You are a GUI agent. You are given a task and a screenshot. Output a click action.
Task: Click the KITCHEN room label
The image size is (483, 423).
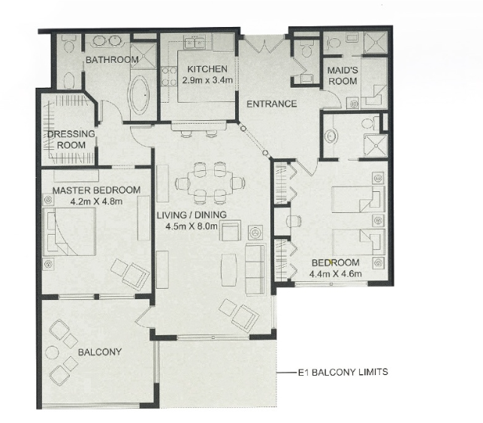tap(207, 69)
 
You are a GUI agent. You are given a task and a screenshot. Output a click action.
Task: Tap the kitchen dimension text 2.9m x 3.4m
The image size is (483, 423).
tap(207, 80)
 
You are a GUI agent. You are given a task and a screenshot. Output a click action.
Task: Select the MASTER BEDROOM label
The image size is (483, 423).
tap(96, 190)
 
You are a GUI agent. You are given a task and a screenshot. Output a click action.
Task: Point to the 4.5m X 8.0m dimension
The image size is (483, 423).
tap(192, 226)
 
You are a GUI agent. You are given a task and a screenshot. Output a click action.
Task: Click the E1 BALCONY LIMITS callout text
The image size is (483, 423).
tap(343, 372)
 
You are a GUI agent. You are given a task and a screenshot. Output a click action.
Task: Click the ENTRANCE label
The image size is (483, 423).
tap(272, 104)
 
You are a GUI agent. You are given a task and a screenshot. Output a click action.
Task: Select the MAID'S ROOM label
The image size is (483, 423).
tap(343, 76)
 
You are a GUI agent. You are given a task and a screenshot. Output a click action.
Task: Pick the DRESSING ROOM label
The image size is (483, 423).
tap(71, 139)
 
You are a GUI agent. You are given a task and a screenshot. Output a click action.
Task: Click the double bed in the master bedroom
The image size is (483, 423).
tap(69, 232)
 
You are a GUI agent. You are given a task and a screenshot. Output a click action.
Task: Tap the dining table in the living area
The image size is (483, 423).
tap(210, 183)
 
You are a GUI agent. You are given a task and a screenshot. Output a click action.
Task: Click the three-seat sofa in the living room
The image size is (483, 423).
tap(255, 270)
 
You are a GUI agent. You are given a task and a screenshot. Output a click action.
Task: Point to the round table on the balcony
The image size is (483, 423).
tap(52, 352)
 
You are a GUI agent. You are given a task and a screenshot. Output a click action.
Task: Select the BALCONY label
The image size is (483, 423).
tap(100, 352)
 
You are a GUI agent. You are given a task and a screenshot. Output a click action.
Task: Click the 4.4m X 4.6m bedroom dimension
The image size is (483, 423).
tap(336, 274)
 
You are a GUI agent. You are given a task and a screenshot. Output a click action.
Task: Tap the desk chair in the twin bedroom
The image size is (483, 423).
tap(294, 221)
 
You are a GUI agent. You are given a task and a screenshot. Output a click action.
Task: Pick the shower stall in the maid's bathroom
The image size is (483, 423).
tap(375, 43)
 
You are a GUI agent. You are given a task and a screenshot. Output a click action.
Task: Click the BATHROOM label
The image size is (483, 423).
tap(112, 60)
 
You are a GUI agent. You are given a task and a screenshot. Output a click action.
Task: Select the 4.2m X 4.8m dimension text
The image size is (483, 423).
tap(96, 202)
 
